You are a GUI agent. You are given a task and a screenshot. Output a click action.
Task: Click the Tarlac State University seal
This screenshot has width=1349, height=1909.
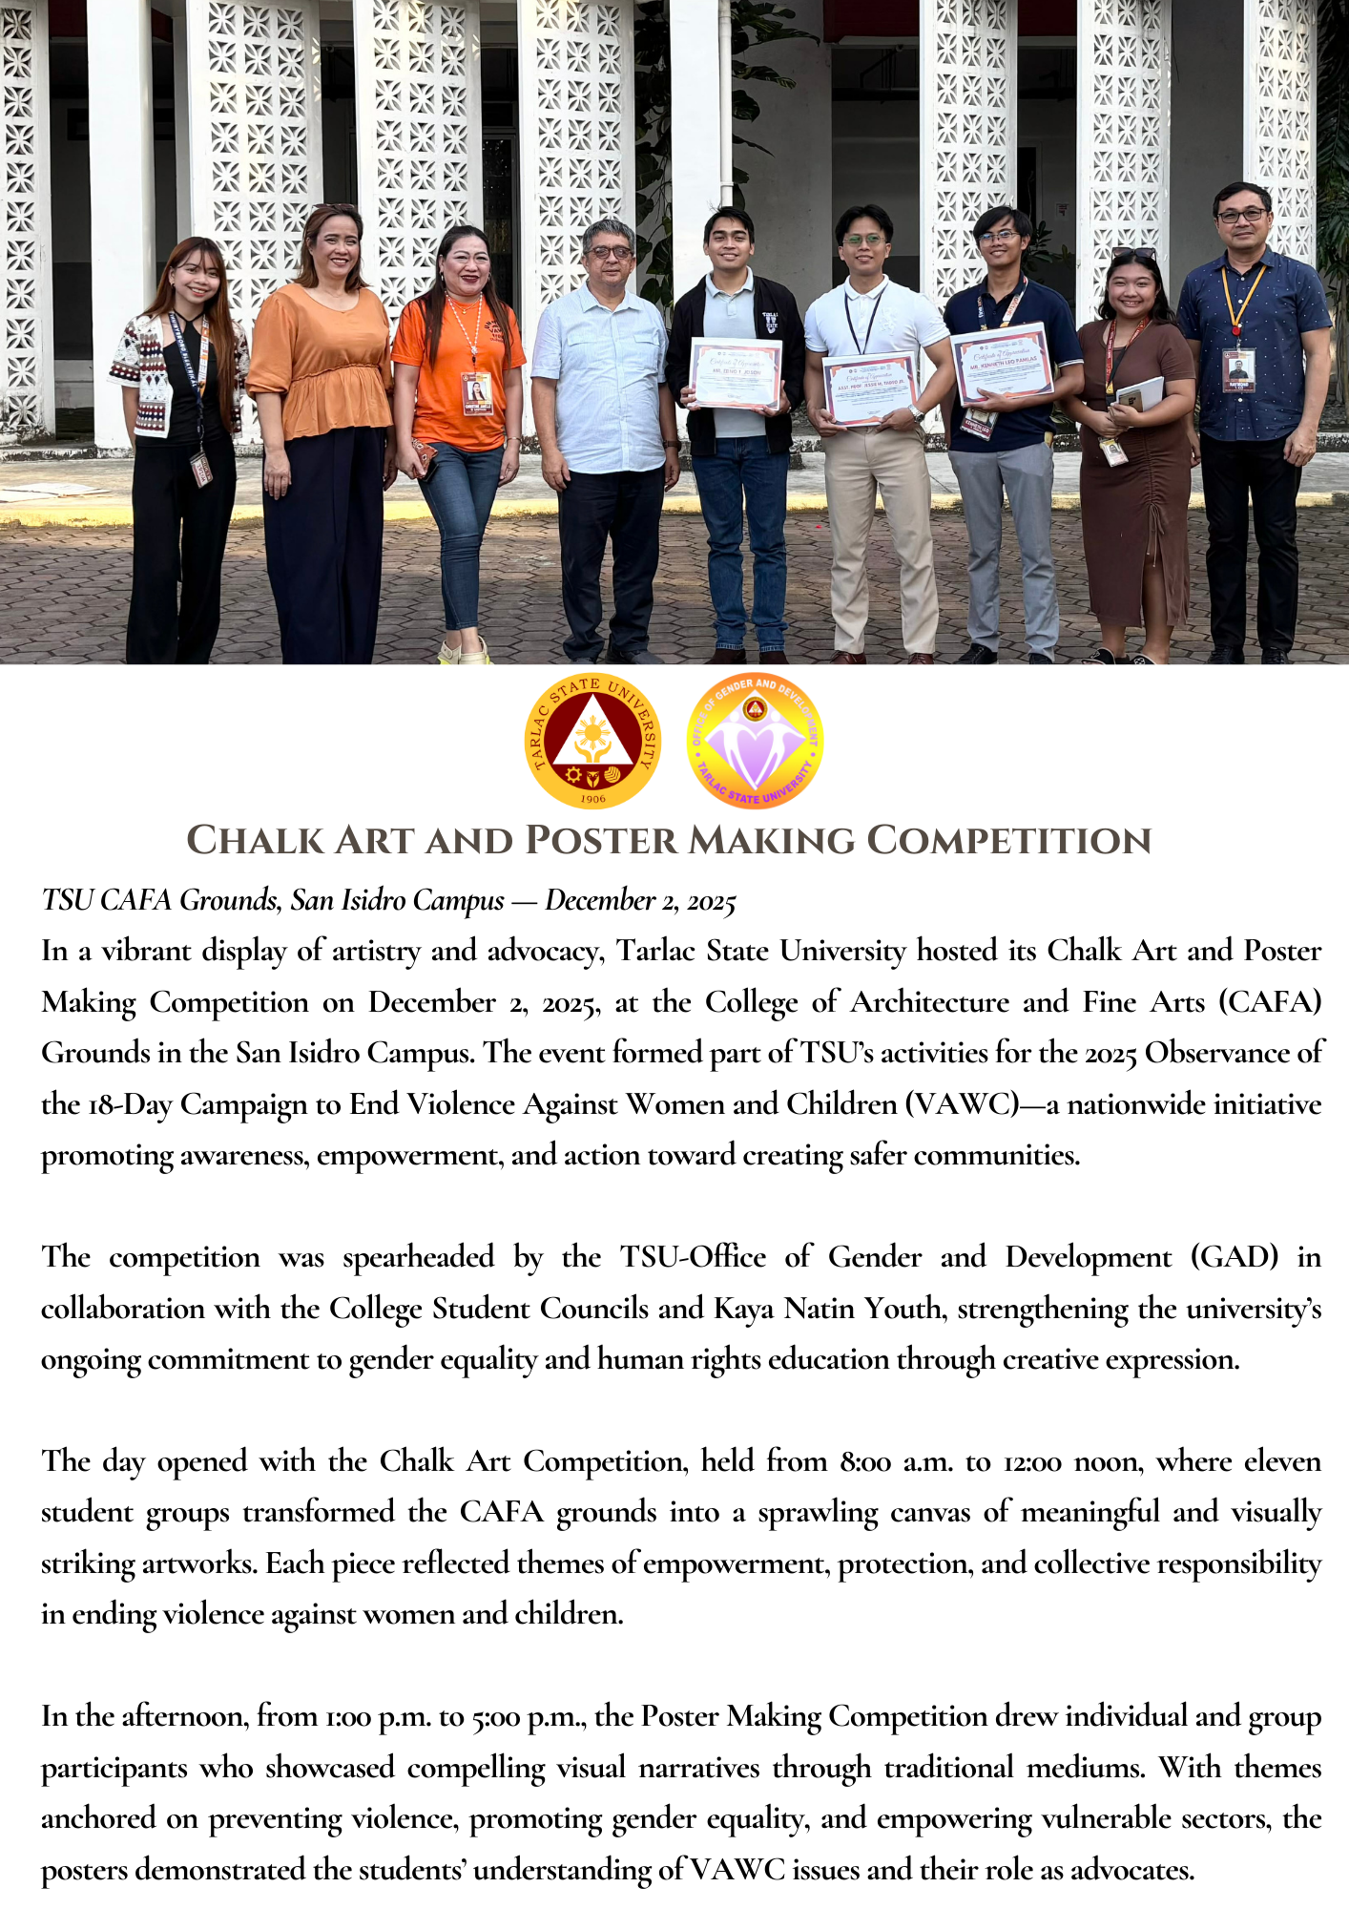coord(592,742)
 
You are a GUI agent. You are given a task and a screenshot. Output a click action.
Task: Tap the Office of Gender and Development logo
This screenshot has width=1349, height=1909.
coord(755,742)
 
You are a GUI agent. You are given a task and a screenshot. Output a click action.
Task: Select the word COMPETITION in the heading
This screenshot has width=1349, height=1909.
coord(1008,841)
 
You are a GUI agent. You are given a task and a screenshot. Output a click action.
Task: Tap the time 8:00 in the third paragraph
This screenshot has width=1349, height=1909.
coord(865,1462)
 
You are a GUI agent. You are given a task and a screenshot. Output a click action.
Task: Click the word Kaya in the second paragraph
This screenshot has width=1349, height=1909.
coord(743,1309)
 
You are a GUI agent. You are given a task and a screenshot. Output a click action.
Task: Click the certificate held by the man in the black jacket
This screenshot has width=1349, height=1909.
coord(736,373)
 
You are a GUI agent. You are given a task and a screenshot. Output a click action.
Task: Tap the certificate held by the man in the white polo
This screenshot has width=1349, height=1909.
coord(869,387)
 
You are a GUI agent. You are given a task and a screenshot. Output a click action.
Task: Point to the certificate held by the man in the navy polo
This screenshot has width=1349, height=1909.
coord(1001,363)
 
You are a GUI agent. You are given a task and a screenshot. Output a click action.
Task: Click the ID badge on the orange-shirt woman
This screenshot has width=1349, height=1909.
coord(476,392)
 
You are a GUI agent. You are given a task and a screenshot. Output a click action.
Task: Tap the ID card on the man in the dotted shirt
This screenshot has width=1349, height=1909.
coord(1238,369)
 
